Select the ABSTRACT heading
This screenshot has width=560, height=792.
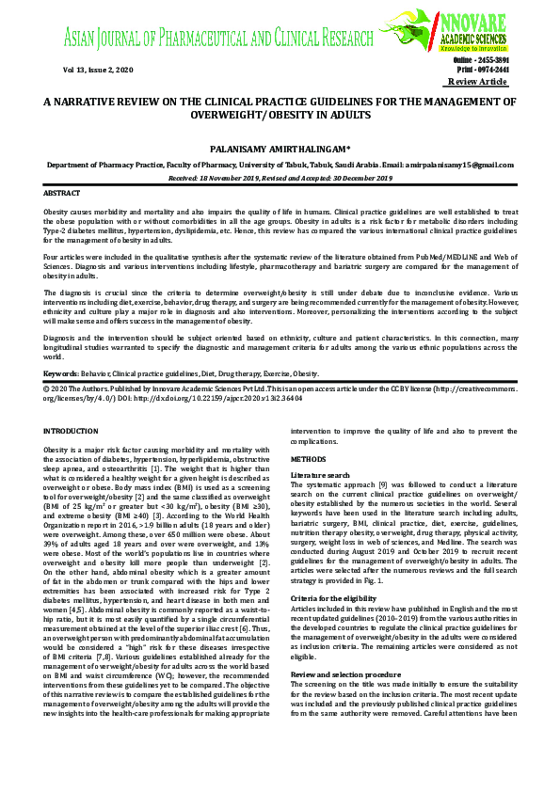coord(62,193)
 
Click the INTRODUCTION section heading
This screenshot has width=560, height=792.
coord(72,430)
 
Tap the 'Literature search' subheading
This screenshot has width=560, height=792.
coord(321,476)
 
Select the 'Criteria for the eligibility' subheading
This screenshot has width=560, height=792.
coord(335,570)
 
